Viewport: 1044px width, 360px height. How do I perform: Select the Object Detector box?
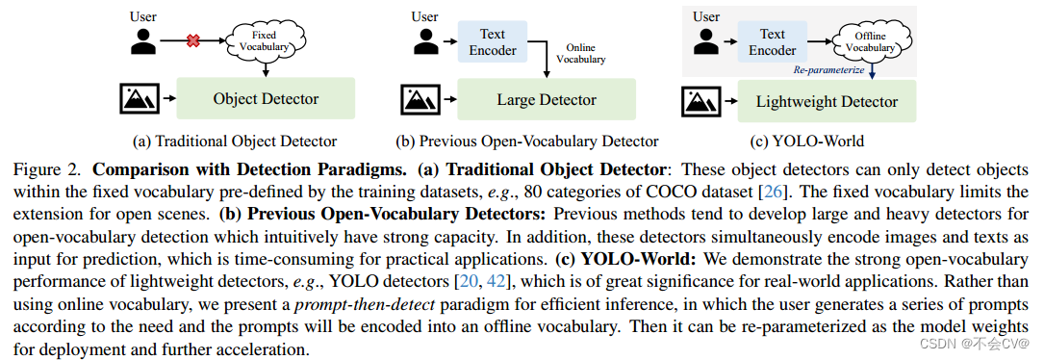pyautogui.click(x=266, y=98)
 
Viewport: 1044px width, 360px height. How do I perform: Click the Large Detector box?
pyautogui.click(x=547, y=100)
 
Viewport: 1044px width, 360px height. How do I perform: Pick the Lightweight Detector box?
pyautogui.click(x=827, y=101)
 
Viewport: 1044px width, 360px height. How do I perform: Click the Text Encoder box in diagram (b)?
pyautogui.click(x=493, y=42)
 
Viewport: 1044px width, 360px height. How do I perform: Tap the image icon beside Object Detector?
pyautogui.click(x=141, y=98)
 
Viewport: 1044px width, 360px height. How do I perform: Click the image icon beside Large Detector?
pyautogui.click(x=421, y=100)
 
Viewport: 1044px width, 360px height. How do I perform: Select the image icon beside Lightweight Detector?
pyautogui.click(x=701, y=100)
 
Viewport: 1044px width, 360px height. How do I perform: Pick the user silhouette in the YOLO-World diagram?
pyautogui.click(x=707, y=41)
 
